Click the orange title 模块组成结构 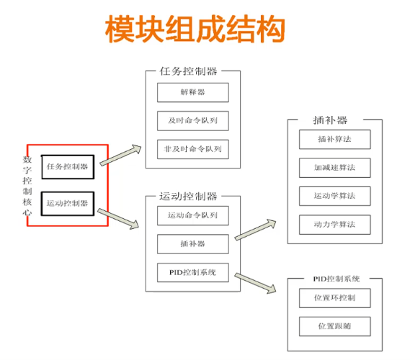point(195,30)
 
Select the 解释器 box point(192,92)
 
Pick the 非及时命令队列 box point(192,149)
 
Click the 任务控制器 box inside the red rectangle point(67,166)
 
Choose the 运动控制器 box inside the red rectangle point(67,203)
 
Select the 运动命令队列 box point(192,215)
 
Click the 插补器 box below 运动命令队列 point(192,244)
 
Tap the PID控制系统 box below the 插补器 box point(192,273)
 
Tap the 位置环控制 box point(335,297)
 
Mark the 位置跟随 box point(335,325)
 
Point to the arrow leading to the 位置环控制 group point(256,282)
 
